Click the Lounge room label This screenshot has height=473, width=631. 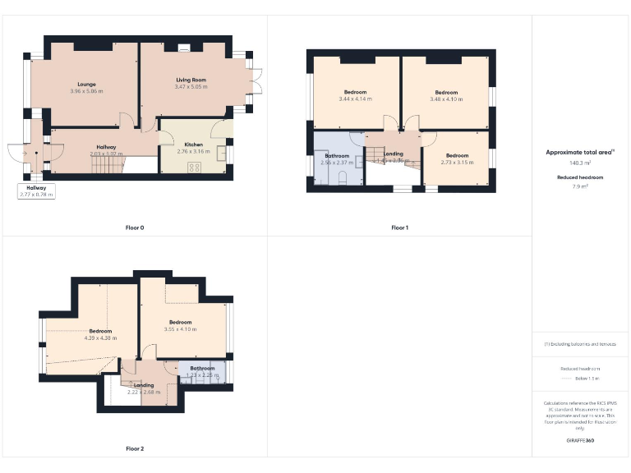[87, 84]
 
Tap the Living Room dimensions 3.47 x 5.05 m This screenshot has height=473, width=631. [191, 86]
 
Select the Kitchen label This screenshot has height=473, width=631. [194, 145]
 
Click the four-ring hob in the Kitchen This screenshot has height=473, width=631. [196, 168]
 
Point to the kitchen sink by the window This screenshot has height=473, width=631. [222, 154]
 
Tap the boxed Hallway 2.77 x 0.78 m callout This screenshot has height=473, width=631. [36, 191]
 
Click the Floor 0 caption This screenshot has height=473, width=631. [135, 227]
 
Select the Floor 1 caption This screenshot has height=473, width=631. [399, 227]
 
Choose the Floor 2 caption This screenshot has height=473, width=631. [135, 449]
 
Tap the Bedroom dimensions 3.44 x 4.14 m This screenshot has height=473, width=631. [355, 99]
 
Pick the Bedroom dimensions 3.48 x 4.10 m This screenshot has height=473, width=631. [446, 99]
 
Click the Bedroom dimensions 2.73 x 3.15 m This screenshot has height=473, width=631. [456, 162]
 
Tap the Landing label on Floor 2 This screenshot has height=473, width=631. [144, 385]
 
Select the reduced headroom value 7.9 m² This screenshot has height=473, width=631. [580, 186]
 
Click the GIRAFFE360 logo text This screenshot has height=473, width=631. [580, 441]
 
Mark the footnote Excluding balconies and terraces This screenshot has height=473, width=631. [580, 344]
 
